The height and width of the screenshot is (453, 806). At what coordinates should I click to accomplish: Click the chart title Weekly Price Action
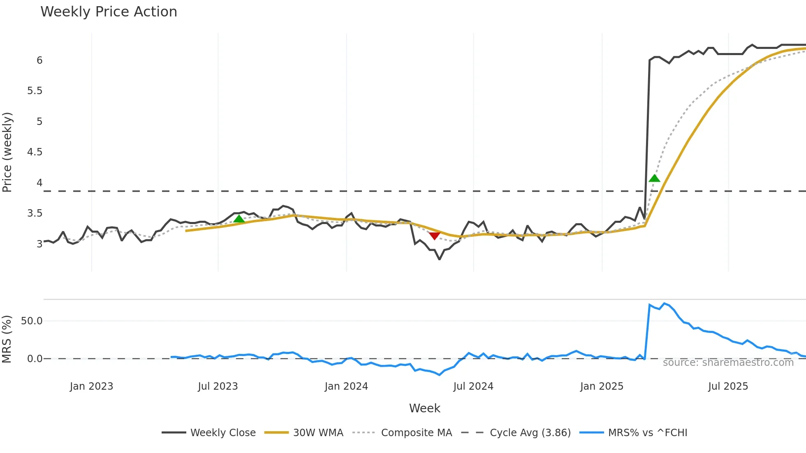coord(109,12)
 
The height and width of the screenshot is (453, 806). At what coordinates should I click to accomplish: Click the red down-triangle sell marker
coord(435,235)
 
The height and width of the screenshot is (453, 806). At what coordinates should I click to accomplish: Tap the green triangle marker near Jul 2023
coord(239,219)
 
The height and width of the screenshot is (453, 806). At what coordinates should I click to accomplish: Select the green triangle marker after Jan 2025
coord(654,178)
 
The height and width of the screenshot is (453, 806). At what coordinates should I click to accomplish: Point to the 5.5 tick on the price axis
coord(35,91)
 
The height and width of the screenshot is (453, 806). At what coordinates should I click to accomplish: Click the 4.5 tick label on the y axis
coord(35,152)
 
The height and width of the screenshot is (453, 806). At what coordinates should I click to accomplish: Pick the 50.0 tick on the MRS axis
coord(32,321)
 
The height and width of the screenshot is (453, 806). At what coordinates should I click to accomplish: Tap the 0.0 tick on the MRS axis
coord(35,359)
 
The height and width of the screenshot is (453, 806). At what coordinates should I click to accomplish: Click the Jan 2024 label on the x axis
coord(346,386)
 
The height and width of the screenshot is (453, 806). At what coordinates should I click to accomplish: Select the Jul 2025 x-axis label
coord(728,386)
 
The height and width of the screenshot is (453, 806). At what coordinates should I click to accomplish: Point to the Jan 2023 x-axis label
coord(91,386)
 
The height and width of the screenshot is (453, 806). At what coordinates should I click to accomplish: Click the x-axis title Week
coord(424,408)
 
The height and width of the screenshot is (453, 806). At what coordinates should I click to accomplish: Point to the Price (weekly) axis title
coord(7,152)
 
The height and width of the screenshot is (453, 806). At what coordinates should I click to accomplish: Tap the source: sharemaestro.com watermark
coord(728,363)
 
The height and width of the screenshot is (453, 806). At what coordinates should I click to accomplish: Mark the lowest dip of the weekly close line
coord(439,259)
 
